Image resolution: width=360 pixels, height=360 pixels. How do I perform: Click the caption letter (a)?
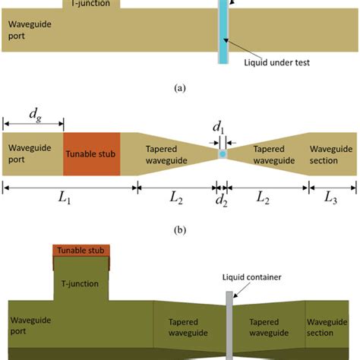click(179, 88)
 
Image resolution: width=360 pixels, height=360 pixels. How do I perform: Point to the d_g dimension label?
click(35, 115)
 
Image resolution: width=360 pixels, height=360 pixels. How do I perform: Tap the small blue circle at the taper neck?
click(223, 154)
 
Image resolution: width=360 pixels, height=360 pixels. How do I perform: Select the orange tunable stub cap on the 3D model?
click(81, 251)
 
